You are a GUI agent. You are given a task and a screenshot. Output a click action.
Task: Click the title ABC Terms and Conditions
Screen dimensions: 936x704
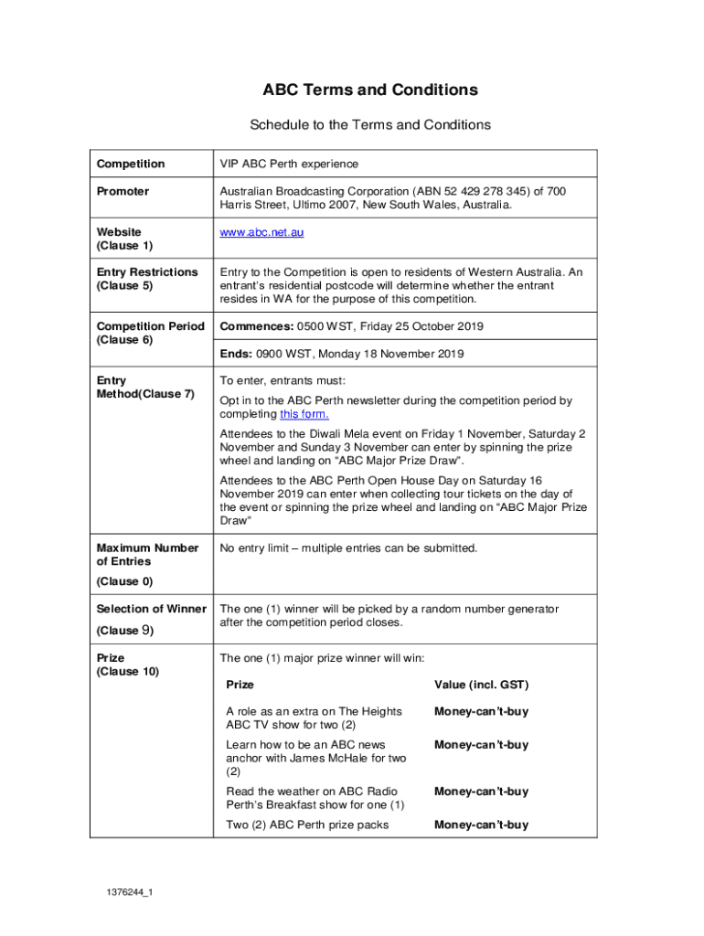pyautogui.click(x=370, y=90)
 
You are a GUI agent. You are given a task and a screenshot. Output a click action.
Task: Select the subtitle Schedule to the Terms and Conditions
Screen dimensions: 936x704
pyautogui.click(x=370, y=125)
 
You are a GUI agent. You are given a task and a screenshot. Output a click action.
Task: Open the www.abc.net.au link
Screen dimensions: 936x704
pyautogui.click(x=261, y=232)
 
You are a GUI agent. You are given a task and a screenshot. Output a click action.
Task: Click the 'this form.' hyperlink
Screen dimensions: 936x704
pyautogui.click(x=304, y=414)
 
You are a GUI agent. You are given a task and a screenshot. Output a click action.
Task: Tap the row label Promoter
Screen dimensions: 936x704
pyautogui.click(x=123, y=191)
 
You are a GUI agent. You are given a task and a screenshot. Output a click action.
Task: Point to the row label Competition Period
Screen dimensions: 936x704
pyautogui.click(x=150, y=326)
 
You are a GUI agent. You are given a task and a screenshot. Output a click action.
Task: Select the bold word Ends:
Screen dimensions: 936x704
pyautogui.click(x=235, y=354)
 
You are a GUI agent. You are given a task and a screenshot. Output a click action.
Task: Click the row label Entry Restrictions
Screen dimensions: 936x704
pyautogui.click(x=146, y=272)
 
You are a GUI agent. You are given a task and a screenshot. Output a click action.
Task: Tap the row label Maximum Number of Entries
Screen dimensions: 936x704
pyautogui.click(x=146, y=555)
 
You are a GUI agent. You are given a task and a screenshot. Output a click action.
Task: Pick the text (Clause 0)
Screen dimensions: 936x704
pyautogui.click(x=118, y=581)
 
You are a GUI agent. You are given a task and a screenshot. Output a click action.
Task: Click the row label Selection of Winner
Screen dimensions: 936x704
pyautogui.click(x=151, y=609)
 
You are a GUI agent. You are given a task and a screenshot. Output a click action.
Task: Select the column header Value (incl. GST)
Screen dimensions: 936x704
pyautogui.click(x=481, y=685)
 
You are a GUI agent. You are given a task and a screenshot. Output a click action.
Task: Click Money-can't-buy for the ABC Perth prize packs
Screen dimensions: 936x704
pyautogui.click(x=481, y=824)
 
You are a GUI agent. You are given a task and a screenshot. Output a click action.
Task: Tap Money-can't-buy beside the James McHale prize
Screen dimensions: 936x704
pyautogui.click(x=481, y=745)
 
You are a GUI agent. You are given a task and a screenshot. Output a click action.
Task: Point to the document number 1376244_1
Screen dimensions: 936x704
pyautogui.click(x=128, y=893)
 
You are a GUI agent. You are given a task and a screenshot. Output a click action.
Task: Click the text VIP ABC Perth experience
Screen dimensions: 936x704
pyautogui.click(x=289, y=164)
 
